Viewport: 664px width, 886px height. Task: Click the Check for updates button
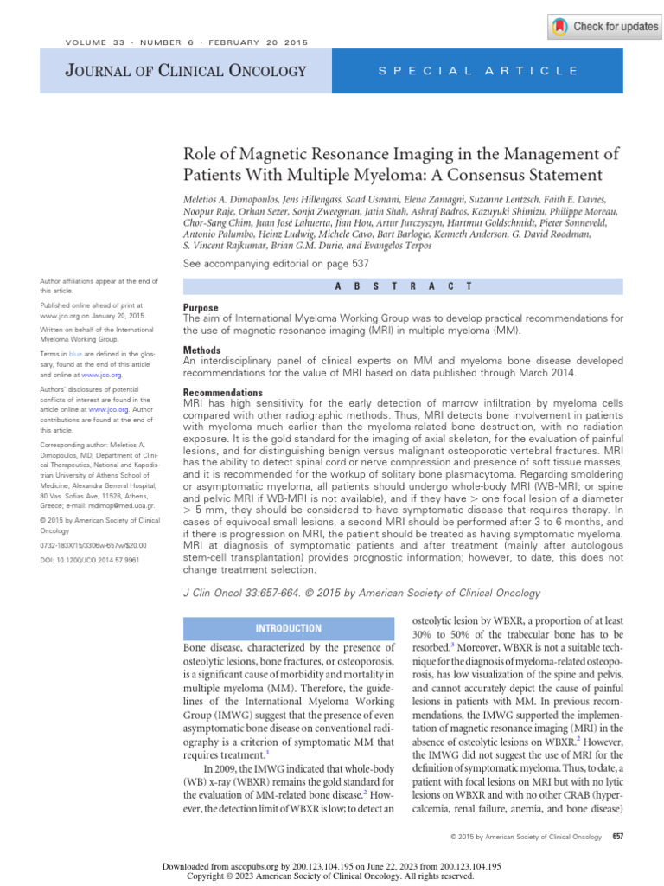604,26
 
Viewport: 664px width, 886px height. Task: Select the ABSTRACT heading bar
403,286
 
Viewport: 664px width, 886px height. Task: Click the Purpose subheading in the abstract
201,308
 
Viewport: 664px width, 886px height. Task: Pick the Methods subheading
202,350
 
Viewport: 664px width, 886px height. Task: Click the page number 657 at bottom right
617,837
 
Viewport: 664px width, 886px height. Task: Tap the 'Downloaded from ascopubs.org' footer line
331,866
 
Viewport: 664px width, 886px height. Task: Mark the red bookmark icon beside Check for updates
560,26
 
